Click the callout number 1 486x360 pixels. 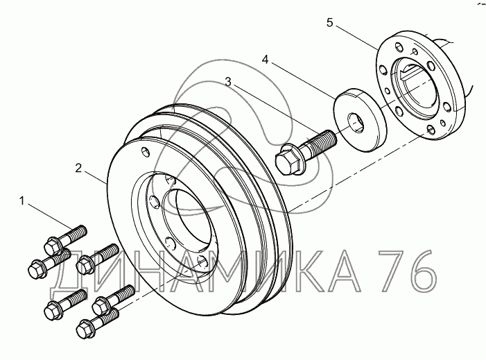(x=21, y=201)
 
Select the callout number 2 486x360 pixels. (x=78, y=169)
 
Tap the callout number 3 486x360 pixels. (x=228, y=82)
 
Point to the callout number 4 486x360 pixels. (x=265, y=59)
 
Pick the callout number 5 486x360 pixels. (x=329, y=23)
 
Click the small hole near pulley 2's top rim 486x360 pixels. (x=146, y=152)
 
